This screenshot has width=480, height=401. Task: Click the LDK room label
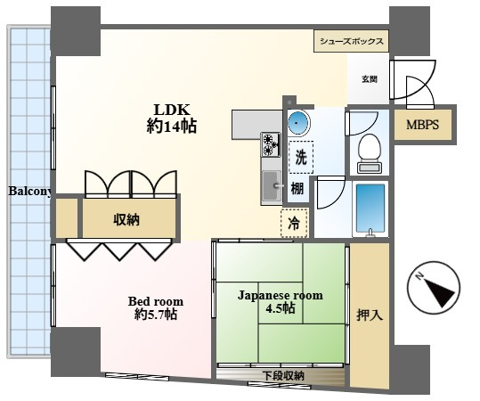[x=172, y=118]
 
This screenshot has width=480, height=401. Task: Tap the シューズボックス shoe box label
[x=352, y=41]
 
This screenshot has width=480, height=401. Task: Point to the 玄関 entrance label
[x=370, y=79]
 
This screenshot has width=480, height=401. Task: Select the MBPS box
[x=422, y=125]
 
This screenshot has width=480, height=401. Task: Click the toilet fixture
[x=370, y=153]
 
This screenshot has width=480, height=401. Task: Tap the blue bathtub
[x=370, y=209]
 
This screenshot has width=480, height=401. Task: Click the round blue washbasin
[x=299, y=123]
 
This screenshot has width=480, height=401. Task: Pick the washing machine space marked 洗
[x=301, y=157]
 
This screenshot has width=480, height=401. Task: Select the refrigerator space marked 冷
[x=294, y=223]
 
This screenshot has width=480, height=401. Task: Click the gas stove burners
[x=271, y=144]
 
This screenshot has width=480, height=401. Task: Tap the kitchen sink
[x=272, y=185]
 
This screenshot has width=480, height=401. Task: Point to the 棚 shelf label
[x=297, y=188]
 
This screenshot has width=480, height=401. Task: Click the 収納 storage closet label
[x=126, y=219]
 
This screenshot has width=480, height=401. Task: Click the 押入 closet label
[x=370, y=315]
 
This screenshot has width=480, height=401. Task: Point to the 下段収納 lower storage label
[x=283, y=375]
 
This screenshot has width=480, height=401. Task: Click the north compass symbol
[x=434, y=287]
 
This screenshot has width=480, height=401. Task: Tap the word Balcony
[x=29, y=192]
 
